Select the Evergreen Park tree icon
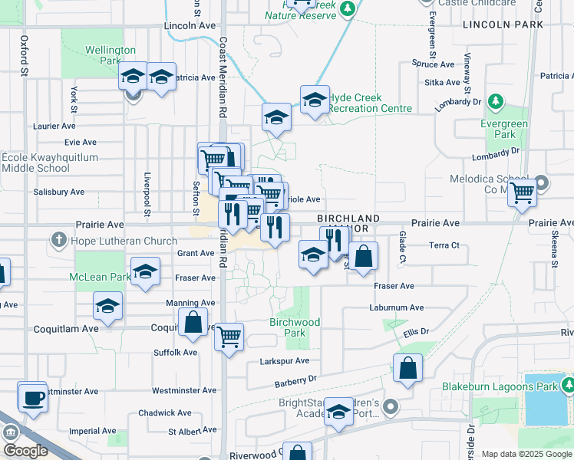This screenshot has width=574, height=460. [x=496, y=101]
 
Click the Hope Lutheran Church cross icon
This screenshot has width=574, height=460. [x=58, y=241]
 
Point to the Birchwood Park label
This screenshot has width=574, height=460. [x=295, y=328]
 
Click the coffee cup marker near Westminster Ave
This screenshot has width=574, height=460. [x=33, y=397]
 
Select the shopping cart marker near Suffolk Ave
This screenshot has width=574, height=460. [x=229, y=336]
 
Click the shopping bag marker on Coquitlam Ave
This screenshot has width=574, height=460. [x=193, y=323]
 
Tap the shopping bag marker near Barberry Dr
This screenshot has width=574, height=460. [x=408, y=368]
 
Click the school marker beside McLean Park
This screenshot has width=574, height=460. [x=144, y=272]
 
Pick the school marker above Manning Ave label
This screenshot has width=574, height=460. [x=108, y=307]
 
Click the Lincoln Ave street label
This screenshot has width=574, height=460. [x=190, y=25]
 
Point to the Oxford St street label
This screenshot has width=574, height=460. [x=25, y=54]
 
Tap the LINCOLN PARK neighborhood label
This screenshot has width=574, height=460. [x=503, y=25]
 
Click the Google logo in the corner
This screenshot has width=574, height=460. [x=25, y=451]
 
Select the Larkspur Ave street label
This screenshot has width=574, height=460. [x=286, y=361]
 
